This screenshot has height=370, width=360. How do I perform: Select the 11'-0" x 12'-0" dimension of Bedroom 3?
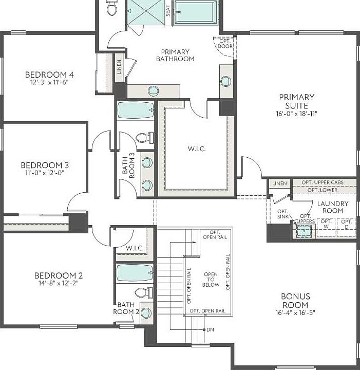(45, 173)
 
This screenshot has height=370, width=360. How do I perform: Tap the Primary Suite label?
(297, 101)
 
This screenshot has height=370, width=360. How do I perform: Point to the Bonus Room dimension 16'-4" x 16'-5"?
(295, 312)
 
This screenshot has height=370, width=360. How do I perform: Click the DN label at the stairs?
(210, 329)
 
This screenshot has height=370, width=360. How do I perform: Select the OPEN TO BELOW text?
(211, 280)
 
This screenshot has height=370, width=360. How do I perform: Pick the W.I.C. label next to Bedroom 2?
(135, 248)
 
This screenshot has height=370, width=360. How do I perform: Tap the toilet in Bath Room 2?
(141, 293)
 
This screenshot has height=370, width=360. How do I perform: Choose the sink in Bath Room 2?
(146, 312)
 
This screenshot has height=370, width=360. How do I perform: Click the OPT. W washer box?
(326, 225)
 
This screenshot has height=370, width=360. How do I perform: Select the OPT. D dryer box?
(346, 225)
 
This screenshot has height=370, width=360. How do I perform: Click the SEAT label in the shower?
(168, 11)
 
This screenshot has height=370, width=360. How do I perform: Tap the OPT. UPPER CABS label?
(323, 183)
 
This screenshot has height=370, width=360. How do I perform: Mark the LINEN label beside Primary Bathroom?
(119, 67)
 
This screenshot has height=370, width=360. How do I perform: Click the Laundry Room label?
(332, 207)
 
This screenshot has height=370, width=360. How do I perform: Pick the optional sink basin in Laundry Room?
(306, 230)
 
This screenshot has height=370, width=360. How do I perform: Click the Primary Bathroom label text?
(175, 55)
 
